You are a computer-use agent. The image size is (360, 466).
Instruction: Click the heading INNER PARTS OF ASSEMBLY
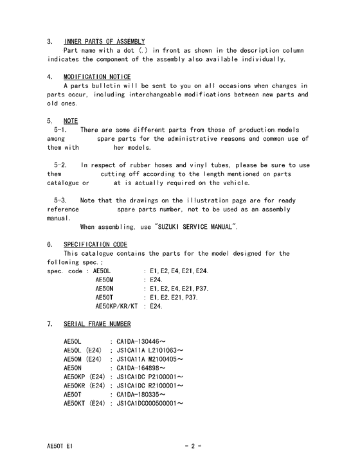104,42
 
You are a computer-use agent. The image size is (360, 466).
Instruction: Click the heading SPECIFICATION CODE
95,245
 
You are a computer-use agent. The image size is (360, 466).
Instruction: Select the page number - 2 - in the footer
193,445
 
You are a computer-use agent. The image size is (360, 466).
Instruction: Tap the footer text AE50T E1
60,445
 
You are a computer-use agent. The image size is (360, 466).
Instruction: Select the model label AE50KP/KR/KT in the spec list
116,306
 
